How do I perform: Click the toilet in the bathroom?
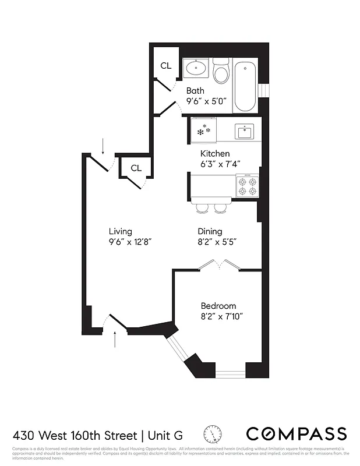(221, 73)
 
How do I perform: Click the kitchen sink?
(243, 132)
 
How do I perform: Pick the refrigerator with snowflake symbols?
(203, 130)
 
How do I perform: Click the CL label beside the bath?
(166, 66)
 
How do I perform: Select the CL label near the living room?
(136, 168)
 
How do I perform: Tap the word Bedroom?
(218, 306)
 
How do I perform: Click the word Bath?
(195, 91)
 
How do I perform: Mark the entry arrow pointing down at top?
(103, 146)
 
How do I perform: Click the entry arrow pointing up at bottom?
(115, 338)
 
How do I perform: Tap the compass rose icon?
(213, 435)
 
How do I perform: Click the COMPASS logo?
(296, 434)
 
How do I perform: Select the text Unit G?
(166, 436)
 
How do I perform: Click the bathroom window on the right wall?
(264, 90)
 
